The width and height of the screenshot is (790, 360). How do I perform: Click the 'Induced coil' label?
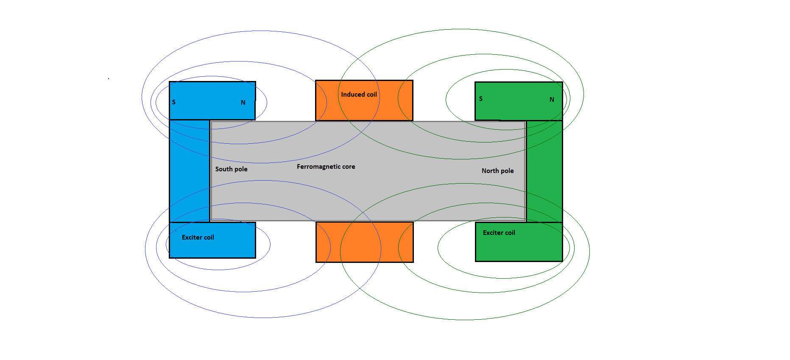pyautogui.click(x=359, y=95)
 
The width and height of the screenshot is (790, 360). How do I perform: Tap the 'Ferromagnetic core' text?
pyautogui.click(x=326, y=167)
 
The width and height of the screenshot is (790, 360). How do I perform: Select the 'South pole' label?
pyautogui.click(x=231, y=169)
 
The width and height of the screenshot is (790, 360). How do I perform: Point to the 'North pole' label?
pyautogui.click(x=497, y=170)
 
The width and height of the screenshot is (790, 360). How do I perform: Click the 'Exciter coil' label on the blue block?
pyautogui.click(x=198, y=237)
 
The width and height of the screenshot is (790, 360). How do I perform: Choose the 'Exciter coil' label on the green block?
pyautogui.click(x=499, y=233)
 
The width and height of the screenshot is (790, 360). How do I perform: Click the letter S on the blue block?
pyautogui.click(x=173, y=102)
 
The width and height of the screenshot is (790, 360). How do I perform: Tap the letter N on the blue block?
pyautogui.click(x=243, y=103)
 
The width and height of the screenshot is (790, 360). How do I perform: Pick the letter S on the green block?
pyautogui.click(x=480, y=99)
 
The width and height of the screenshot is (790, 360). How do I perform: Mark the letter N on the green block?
pyautogui.click(x=552, y=100)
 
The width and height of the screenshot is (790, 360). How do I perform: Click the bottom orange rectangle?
pyautogui.click(x=365, y=242)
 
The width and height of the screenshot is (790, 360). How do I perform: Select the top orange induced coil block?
pyautogui.click(x=364, y=100)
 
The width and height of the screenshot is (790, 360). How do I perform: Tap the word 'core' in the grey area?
pyautogui.click(x=349, y=167)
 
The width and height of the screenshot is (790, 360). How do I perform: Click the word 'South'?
pyautogui.click(x=223, y=169)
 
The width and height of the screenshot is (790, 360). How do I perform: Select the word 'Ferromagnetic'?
pyautogui.click(x=318, y=167)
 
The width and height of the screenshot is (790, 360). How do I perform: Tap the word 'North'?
pyautogui.click(x=490, y=170)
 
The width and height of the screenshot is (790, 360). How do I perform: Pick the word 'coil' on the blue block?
pyautogui.click(x=209, y=237)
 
